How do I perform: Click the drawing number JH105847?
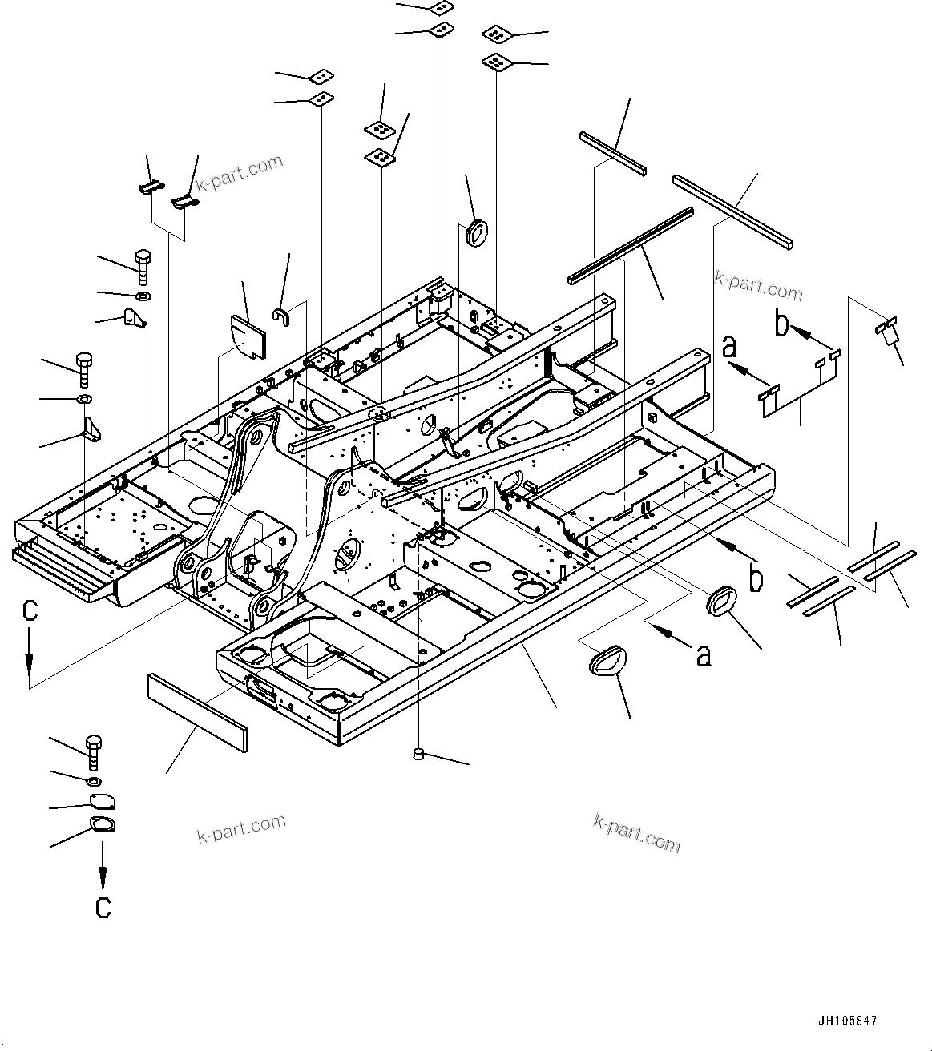[848, 1021]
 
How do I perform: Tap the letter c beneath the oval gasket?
[103, 907]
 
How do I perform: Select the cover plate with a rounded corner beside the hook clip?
[249, 336]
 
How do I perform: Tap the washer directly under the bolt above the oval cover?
[93, 780]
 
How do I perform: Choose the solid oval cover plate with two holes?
[102, 802]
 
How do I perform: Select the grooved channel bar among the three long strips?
[630, 245]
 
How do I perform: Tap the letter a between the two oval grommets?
[704, 655]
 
